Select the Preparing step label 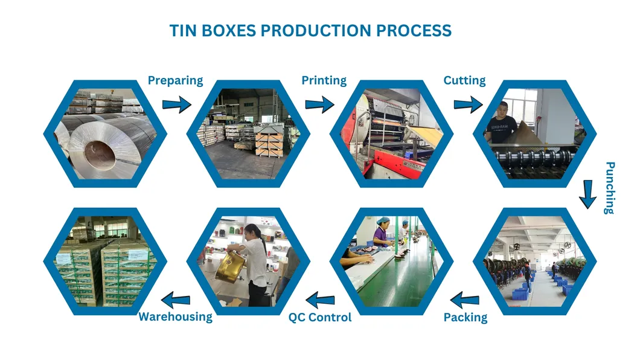tap(175, 80)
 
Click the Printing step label tap(324, 80)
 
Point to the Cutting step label tap(464, 80)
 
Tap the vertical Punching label tap(609, 187)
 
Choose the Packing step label tap(466, 317)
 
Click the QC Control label tap(319, 317)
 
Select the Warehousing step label tap(176, 317)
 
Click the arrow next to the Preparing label tap(177, 104)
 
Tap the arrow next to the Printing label tap(319, 104)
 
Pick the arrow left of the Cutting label tap(468, 104)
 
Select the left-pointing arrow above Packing tap(465, 298)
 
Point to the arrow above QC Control tap(320, 298)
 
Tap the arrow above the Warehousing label tap(176, 298)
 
